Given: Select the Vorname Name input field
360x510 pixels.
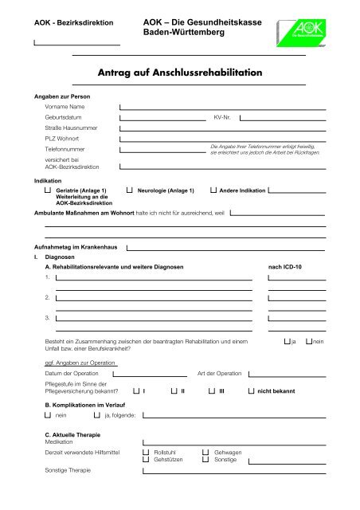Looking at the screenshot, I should [x=222, y=106].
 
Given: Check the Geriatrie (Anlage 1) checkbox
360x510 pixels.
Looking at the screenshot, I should [x=49, y=191].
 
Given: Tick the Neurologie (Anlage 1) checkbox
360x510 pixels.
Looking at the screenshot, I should [x=130, y=191].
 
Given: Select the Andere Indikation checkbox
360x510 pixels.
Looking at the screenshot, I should [x=213, y=191].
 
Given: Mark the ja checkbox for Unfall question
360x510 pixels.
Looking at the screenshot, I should [x=288, y=341].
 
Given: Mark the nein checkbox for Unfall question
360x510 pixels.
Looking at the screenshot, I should [x=310, y=341].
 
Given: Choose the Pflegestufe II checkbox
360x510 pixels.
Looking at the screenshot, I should [x=174, y=391].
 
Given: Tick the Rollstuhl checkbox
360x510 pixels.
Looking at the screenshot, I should [x=146, y=452].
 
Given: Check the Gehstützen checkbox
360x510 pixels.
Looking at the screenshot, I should [x=146, y=460].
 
